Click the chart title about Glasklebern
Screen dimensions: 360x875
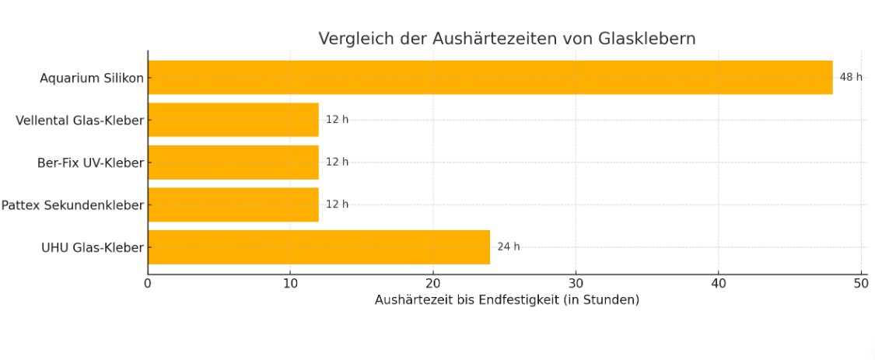tap(506, 39)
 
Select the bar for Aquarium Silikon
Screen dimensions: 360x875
tap(490, 78)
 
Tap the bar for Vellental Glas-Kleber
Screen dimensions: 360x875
tap(233, 120)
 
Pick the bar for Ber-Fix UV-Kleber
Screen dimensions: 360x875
tap(233, 162)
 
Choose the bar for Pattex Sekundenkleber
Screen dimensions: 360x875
tap(233, 204)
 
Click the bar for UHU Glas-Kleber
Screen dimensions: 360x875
tap(319, 246)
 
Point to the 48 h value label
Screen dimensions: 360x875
tap(851, 78)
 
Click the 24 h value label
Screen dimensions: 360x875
tap(509, 247)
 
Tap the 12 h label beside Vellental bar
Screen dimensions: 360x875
tap(337, 120)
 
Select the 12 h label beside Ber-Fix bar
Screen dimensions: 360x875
tap(337, 162)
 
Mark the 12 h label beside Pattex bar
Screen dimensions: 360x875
tap(337, 204)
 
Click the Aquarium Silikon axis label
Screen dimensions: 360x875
tap(92, 79)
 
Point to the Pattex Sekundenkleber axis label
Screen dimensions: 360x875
tap(72, 205)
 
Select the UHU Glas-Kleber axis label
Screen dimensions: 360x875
tap(93, 248)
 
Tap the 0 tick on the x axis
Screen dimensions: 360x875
tap(148, 283)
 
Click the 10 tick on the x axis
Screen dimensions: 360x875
tap(290, 283)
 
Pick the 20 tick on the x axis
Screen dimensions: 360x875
tap(433, 283)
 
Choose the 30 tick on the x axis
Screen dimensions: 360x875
tap(576, 283)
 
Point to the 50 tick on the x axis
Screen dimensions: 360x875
tap(861, 283)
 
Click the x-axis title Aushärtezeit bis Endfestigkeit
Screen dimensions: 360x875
tap(506, 300)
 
